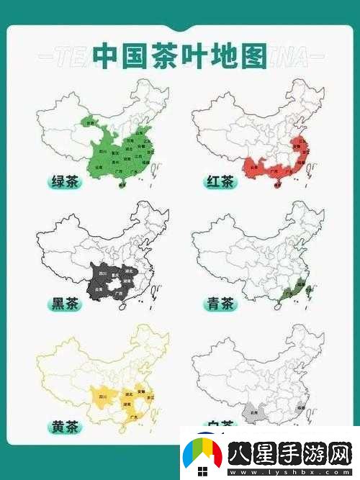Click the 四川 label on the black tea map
102,275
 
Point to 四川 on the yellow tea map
102,397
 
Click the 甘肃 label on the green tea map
91,123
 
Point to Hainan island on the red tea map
277,186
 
